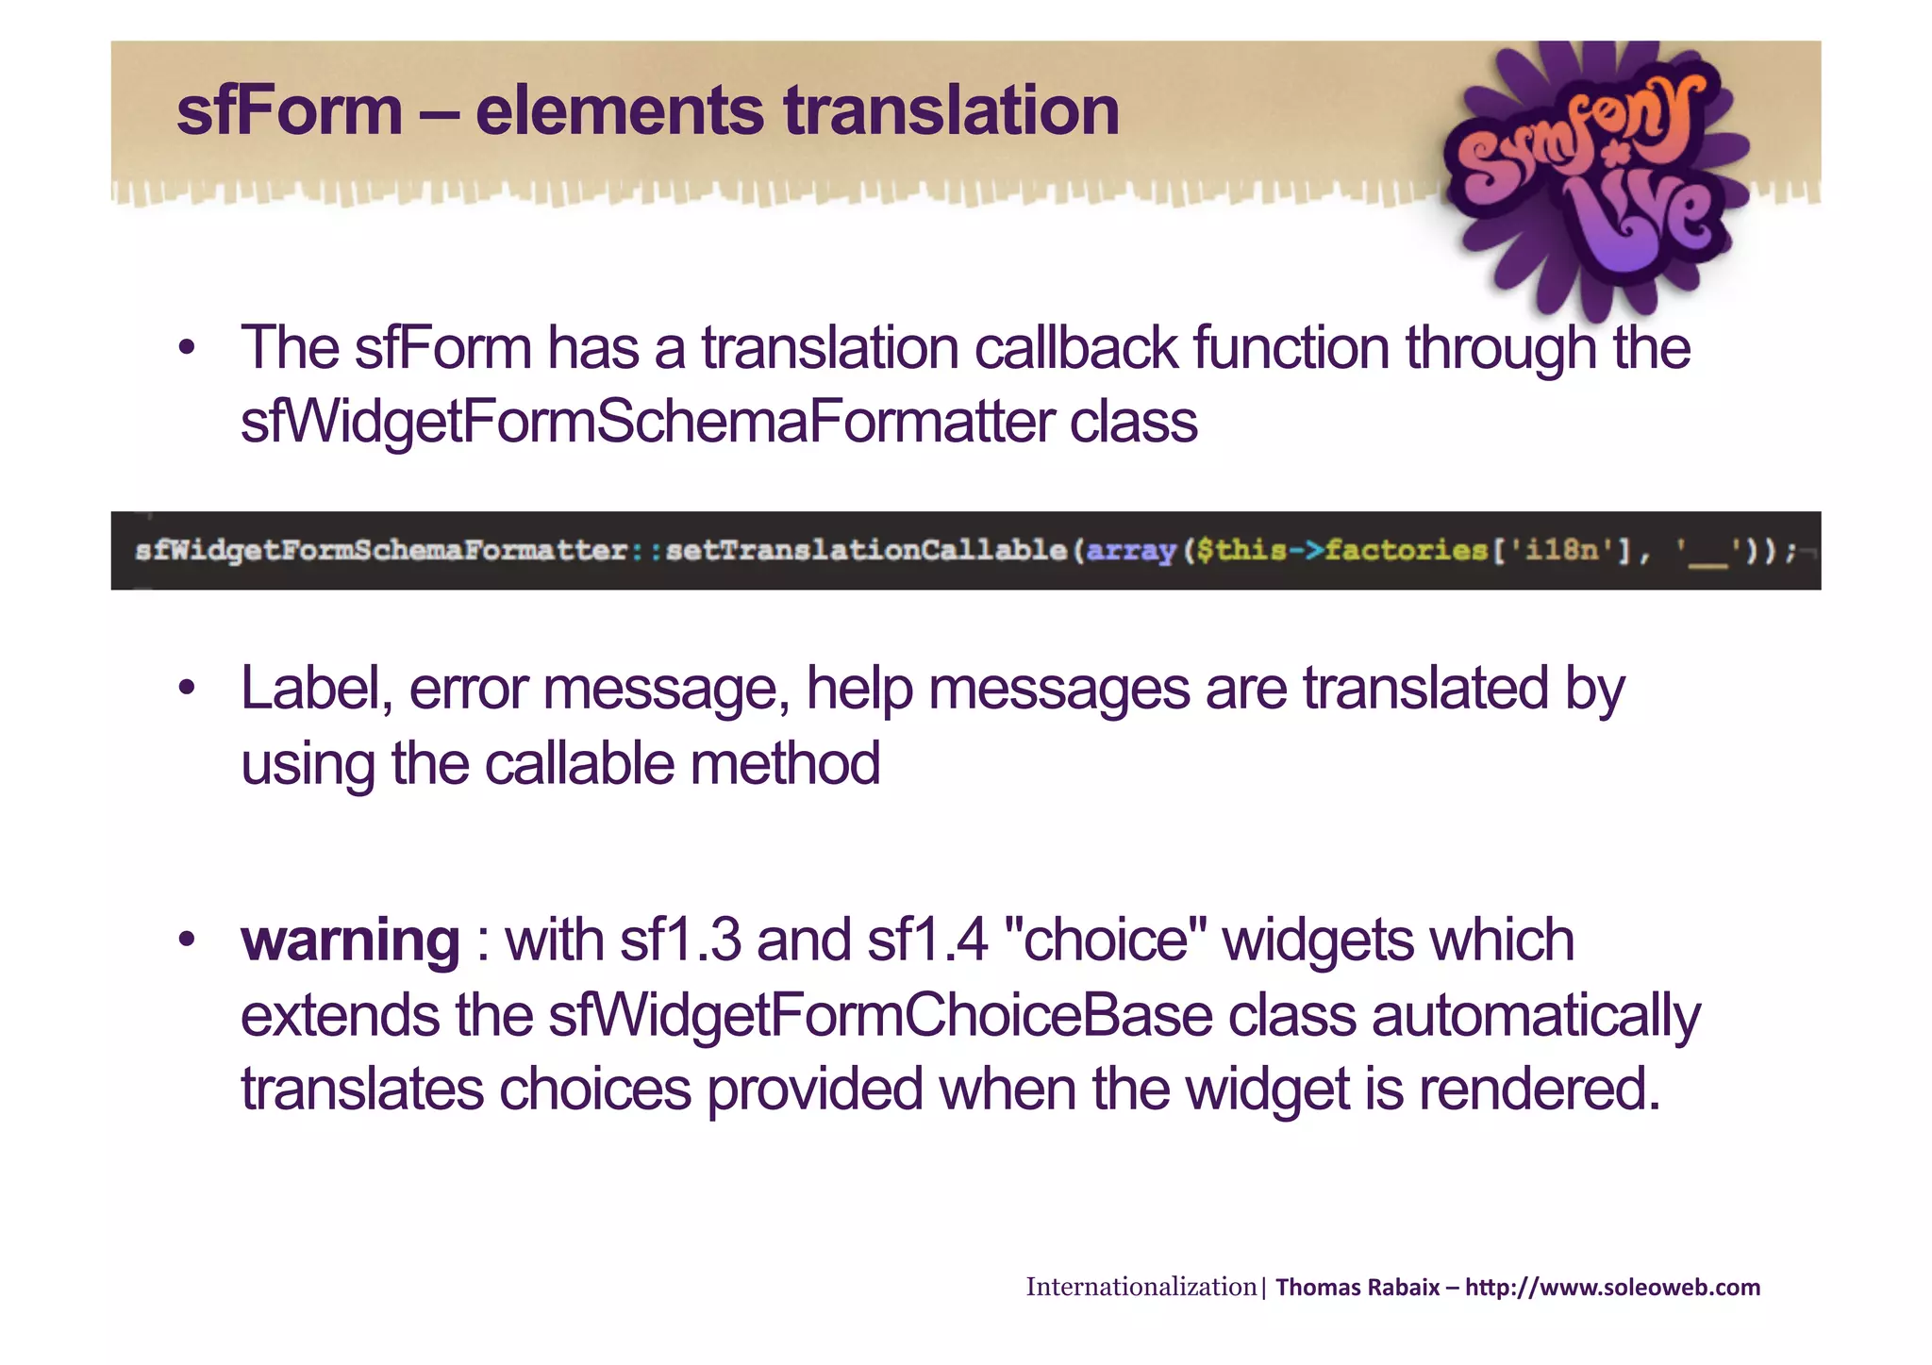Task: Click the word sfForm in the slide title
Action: pos(290,111)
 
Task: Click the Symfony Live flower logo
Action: pos(1594,175)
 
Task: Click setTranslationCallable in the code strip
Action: pos(865,550)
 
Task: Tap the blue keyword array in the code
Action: pos(1131,550)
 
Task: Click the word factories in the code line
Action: pos(1406,550)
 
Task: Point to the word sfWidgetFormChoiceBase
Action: pos(879,1015)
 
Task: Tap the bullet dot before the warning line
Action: pos(187,940)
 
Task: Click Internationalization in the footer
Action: pos(1141,1287)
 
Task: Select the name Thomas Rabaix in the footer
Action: pos(1357,1288)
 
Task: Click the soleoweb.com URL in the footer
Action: pos(1612,1288)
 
